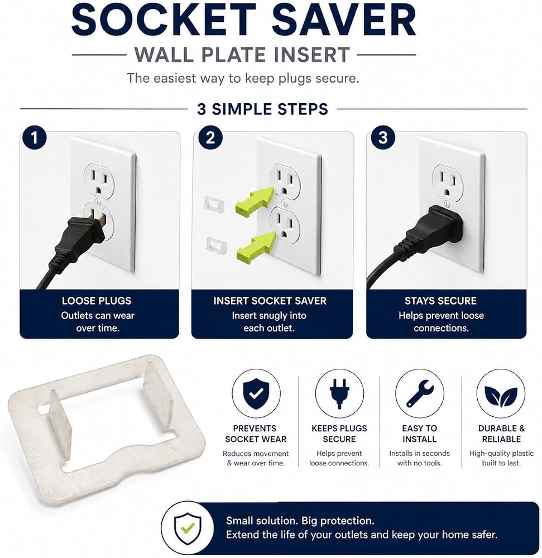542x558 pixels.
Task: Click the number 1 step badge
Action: (34, 138)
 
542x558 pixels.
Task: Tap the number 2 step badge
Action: (210, 138)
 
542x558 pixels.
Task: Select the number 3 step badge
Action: (383, 138)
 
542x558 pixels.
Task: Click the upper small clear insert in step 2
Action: (214, 205)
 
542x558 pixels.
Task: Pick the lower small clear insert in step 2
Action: (217, 245)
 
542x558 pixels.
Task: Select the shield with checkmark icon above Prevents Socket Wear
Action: (256, 393)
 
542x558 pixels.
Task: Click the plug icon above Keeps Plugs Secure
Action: (339, 393)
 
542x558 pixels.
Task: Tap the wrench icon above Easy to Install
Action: (420, 393)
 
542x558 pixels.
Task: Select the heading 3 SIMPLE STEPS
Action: (263, 109)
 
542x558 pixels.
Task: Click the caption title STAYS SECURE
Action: (440, 301)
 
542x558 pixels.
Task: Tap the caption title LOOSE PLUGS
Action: (97, 301)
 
